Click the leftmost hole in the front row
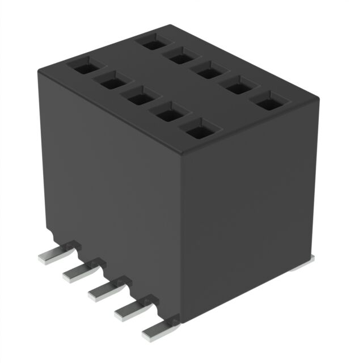[83, 67]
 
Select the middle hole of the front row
[139, 98]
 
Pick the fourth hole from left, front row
[168, 115]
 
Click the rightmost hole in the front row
[197, 132]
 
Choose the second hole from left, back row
[181, 56]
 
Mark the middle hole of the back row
[209, 71]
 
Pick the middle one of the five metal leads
[102, 292]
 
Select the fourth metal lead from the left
[128, 311]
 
